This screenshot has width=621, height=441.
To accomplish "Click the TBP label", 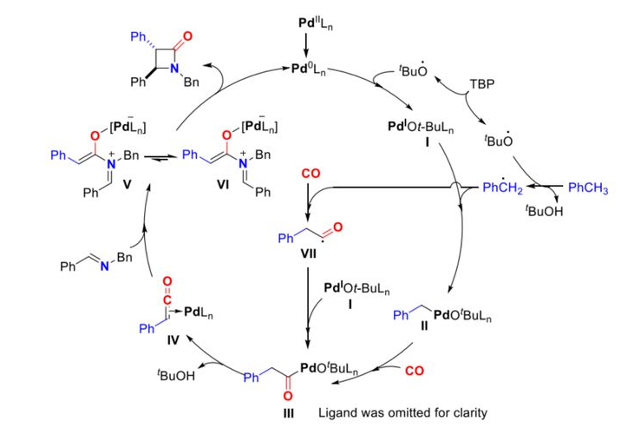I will [x=481, y=88].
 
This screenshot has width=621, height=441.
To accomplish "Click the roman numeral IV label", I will [x=173, y=340].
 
